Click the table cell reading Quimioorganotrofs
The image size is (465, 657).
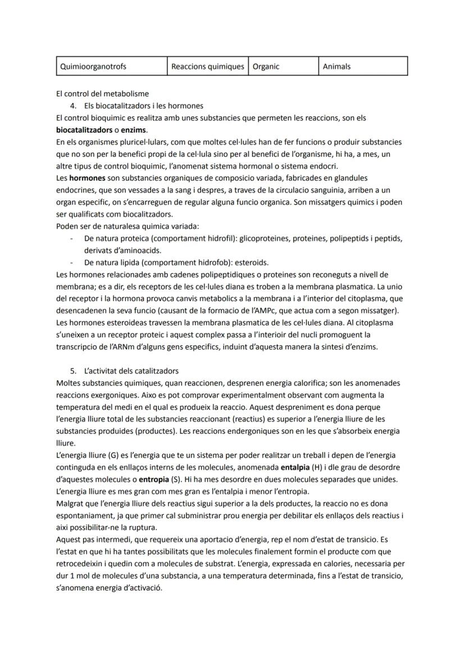93,66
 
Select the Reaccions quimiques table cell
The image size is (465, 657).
207,66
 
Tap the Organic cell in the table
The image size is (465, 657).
266,66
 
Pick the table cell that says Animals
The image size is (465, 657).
337,66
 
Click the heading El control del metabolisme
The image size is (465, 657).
102,94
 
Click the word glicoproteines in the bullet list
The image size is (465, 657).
263,238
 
